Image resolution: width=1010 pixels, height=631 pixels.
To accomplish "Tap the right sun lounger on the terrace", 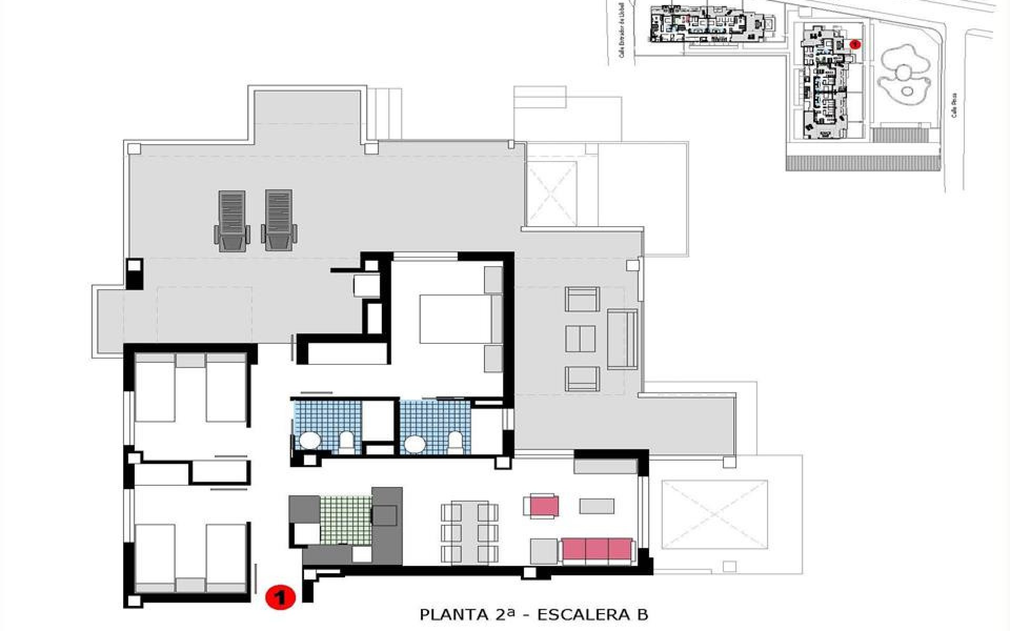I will (278, 220).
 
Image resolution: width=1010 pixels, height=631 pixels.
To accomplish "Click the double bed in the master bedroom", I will (456, 319).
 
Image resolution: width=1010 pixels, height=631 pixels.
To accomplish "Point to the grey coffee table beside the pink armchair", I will (597, 506).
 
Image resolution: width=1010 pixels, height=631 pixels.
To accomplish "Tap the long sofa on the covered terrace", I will (622, 339).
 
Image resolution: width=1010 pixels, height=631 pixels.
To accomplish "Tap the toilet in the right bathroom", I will (454, 443).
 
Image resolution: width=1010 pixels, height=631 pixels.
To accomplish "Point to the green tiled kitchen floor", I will (346, 520).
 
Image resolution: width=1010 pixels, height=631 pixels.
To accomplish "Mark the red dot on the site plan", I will (855, 44).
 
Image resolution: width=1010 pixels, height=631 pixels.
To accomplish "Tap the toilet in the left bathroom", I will (346, 443).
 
